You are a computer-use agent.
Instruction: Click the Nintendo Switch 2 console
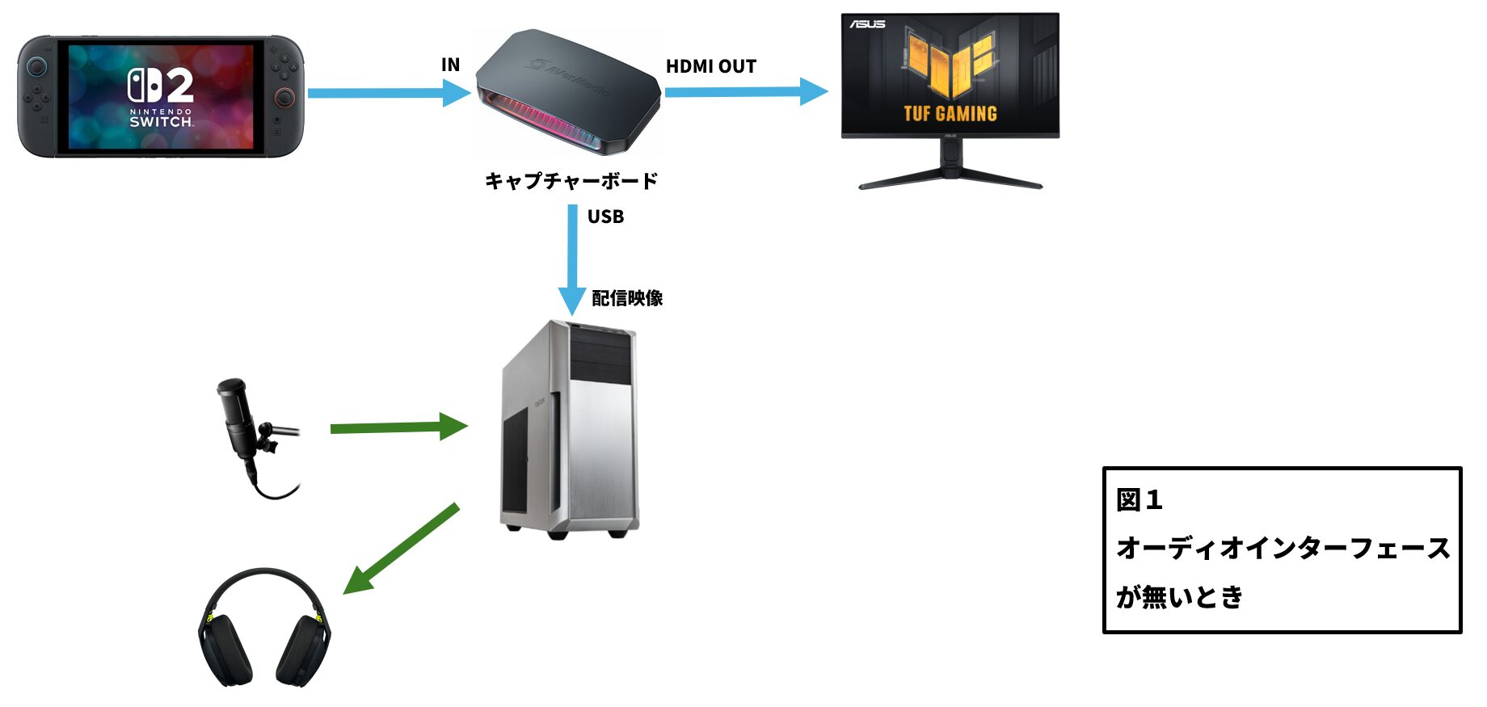(161, 96)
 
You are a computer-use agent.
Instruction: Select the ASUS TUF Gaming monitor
(950, 77)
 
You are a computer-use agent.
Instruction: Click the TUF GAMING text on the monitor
(950, 114)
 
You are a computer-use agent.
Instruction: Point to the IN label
(450, 65)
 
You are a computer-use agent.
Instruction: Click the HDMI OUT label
(710, 66)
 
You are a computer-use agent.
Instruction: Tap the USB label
(605, 217)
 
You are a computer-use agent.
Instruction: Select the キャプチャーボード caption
(571, 180)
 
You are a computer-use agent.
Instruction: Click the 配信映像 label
(627, 298)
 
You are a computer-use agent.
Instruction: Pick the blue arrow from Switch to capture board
(388, 93)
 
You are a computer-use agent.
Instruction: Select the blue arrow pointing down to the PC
(572, 259)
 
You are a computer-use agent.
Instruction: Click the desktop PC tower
(571, 428)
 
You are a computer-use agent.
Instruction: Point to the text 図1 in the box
(1139, 500)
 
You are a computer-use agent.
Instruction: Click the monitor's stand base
(950, 179)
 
